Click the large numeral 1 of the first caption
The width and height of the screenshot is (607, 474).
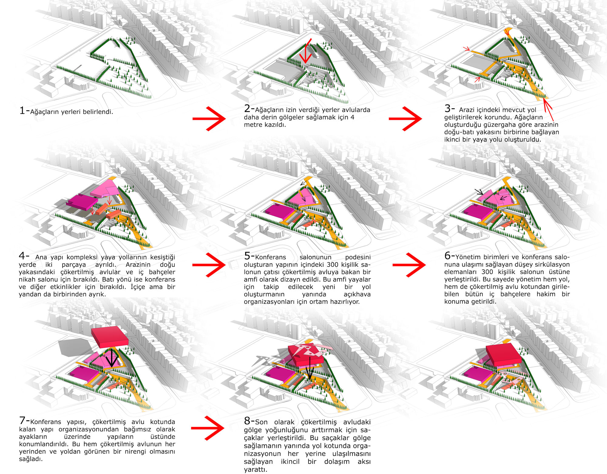(22, 110)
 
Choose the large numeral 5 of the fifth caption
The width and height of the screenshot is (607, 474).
(247, 256)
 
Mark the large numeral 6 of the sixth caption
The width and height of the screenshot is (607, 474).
(448, 256)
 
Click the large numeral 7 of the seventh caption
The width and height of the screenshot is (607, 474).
(22, 420)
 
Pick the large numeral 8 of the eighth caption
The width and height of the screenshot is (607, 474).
(247, 421)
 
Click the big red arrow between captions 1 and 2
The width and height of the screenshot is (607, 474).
(209, 119)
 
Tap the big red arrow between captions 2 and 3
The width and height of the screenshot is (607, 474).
(405, 119)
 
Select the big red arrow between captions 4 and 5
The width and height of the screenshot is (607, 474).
(209, 265)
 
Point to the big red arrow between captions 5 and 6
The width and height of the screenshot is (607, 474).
(409, 265)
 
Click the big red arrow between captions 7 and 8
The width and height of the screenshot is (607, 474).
(208, 428)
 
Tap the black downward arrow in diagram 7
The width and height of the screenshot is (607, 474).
(112, 358)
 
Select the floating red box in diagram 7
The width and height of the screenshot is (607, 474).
(110, 337)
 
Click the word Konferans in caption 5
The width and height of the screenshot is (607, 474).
(270, 257)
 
